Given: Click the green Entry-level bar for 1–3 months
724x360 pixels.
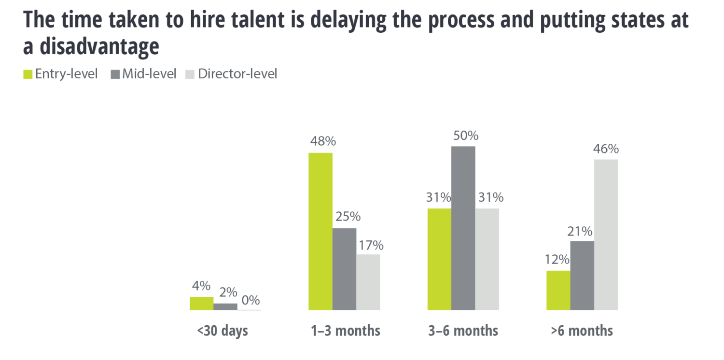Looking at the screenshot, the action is tap(320, 231).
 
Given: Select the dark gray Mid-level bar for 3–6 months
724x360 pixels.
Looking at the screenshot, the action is tap(463, 228).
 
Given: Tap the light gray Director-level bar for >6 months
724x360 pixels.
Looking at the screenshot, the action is tap(606, 235).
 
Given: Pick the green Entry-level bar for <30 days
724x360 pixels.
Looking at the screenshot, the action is tap(201, 304).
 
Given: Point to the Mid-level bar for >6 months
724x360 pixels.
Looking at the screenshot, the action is tap(582, 276).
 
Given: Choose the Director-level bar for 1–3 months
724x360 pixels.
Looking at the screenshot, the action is tap(368, 282).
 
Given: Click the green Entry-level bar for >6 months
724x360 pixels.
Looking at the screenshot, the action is tap(558, 290).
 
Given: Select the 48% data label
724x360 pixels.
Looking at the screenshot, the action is tap(323, 141).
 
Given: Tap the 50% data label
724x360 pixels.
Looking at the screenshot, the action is tap(466, 136).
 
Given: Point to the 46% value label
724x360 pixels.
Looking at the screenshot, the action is tap(606, 149).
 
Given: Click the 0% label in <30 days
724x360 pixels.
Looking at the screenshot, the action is tap(251, 300).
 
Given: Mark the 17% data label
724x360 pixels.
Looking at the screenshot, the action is tap(371, 246).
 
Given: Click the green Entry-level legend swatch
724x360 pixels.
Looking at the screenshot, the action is tap(28, 75).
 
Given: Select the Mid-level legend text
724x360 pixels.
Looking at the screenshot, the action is tap(149, 74).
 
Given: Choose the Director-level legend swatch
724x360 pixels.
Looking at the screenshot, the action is tap(190, 75).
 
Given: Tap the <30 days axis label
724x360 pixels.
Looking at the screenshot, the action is tap(223, 331).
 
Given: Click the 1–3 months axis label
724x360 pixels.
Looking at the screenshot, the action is tap(345, 331).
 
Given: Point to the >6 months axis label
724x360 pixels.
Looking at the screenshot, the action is tap(582, 331).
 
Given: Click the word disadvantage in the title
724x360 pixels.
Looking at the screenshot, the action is tap(99, 46).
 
